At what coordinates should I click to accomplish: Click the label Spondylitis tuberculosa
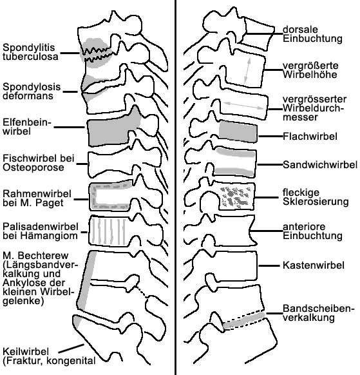[31, 52]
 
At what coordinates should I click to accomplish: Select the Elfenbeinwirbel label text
[27, 127]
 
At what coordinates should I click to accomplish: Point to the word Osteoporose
[33, 168]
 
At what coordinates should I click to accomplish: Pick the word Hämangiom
[49, 236]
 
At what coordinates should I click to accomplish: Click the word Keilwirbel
[26, 351]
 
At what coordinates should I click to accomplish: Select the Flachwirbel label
[310, 137]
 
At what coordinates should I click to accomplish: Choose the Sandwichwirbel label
[320, 164]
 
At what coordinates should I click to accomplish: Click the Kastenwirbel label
[314, 265]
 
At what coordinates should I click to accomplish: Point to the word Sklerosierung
[316, 202]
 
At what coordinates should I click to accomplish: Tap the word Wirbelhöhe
[310, 74]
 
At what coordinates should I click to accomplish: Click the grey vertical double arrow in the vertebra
[247, 70]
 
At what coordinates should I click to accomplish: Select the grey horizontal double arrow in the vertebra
[243, 106]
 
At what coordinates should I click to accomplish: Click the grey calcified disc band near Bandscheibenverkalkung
[244, 320]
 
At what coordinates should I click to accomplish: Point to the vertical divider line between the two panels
[176, 187]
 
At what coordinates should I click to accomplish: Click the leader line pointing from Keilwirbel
[71, 349]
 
